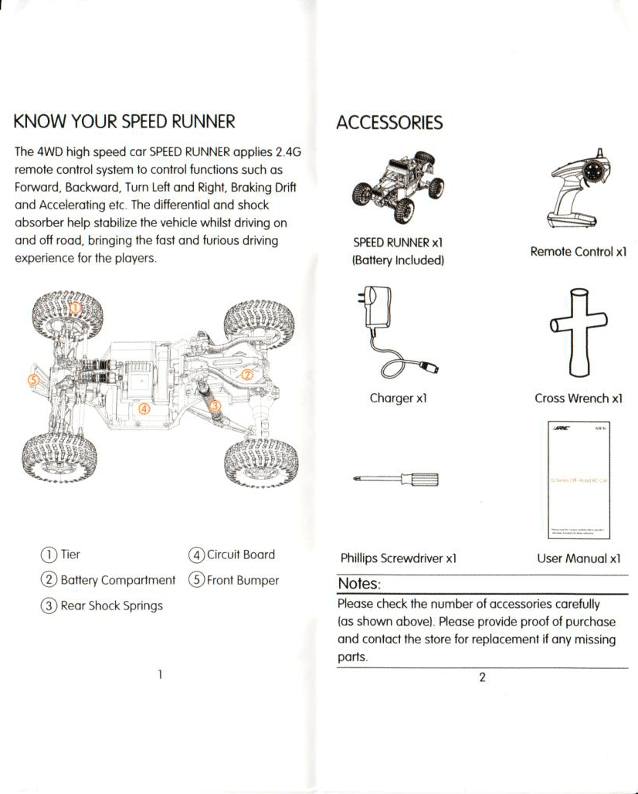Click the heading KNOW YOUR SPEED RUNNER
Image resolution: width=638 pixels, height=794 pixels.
(124, 121)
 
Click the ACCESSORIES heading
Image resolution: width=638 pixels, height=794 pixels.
(389, 123)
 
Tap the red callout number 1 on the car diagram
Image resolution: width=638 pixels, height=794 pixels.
(76, 308)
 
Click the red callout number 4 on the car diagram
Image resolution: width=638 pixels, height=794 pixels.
(143, 407)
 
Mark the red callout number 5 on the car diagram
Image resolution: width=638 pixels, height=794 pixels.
(32, 380)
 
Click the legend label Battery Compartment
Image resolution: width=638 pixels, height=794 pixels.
(117, 580)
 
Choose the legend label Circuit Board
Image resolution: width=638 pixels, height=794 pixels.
(240, 555)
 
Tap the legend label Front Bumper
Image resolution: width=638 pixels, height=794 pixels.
(243, 580)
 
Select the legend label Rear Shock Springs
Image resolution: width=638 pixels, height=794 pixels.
(111, 606)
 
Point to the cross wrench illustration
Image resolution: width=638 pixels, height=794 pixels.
(579, 331)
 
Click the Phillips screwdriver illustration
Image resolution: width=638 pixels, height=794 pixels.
(396, 480)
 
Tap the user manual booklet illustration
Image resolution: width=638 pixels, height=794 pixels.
(579, 480)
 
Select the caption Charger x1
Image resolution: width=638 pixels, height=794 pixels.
(398, 399)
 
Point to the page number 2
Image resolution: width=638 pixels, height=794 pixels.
(482, 677)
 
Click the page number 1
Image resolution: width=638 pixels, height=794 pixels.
(159, 674)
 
